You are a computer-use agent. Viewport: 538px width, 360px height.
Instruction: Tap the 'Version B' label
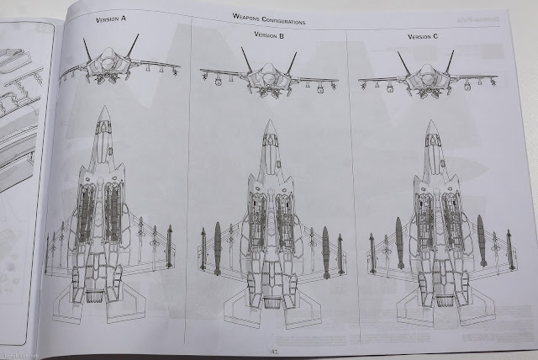click(269, 35)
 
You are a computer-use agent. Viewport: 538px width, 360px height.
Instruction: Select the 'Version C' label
click(423, 36)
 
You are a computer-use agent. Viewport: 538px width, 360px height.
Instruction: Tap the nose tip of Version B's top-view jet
click(269, 123)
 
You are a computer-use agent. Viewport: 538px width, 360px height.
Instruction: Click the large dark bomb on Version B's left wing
click(218, 248)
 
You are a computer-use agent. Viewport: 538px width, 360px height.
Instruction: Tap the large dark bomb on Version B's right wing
click(326, 251)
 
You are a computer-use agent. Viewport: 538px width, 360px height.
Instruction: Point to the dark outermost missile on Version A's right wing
click(169, 246)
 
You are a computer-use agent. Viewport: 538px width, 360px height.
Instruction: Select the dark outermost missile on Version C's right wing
click(509, 250)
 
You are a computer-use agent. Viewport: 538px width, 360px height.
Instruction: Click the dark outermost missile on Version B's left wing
click(203, 250)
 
